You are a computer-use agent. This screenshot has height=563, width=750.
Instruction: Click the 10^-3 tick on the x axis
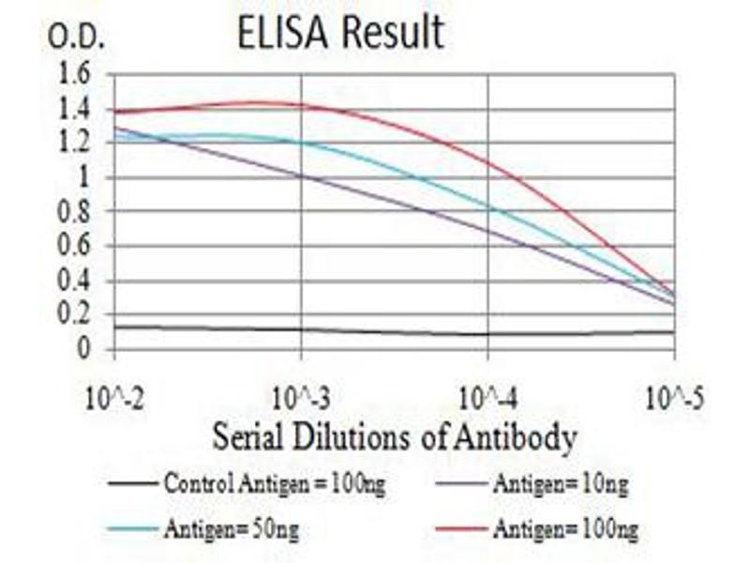300,398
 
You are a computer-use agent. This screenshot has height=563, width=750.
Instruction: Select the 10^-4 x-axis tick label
487,398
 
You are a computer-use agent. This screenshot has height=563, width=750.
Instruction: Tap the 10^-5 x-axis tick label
674,398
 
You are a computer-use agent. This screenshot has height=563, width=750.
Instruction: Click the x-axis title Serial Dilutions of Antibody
394,436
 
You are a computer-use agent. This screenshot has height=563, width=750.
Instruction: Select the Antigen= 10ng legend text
560,485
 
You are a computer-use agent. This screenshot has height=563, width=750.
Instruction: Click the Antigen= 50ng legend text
232,530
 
